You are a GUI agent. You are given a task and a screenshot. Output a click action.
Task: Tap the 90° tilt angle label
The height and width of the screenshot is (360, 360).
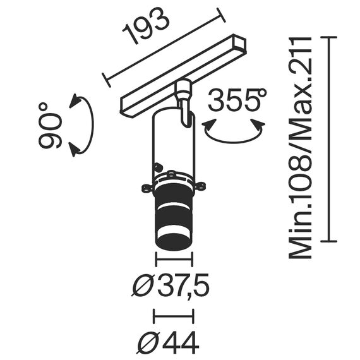click(x=51, y=126)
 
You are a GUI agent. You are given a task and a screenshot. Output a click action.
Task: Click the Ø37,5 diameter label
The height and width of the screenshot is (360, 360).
click(x=171, y=287)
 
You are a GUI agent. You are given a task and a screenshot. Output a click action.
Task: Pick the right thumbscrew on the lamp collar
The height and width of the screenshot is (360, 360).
click(x=200, y=186)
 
